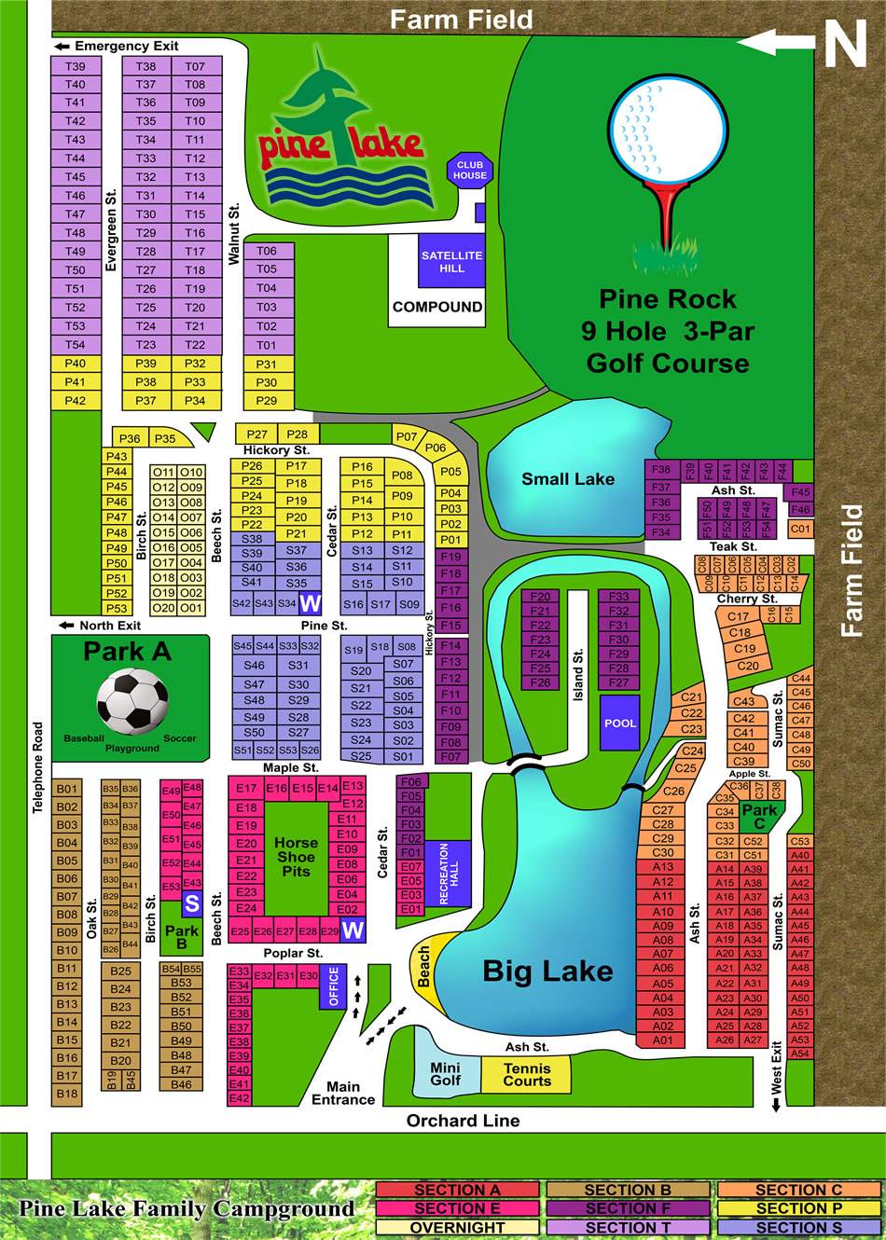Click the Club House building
pos(469,170)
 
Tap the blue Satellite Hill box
pos(451,261)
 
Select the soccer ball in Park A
pos(132,699)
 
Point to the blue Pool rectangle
pos(619,723)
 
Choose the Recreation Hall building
pos(449,873)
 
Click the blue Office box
pos(334,986)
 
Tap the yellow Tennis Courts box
pos(526,1075)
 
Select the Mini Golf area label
pos(445,1074)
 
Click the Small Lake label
pos(568,479)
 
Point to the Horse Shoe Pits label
pos(296,857)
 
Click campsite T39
pos(76,66)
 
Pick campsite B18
pos(67,1094)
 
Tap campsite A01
pos(662,1040)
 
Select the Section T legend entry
pos(628,1228)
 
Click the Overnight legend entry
pos(457,1228)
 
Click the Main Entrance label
pos(343,1093)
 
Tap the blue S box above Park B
pos(192,903)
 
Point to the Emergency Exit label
pos(126,46)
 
